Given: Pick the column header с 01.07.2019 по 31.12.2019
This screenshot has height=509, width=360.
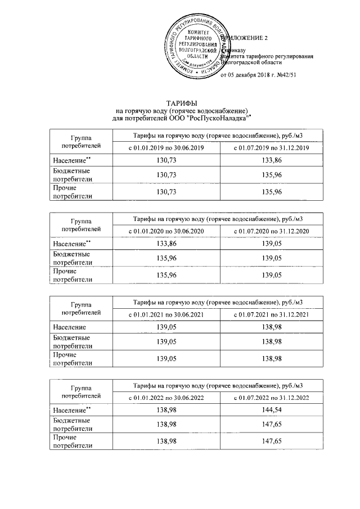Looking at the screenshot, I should (272, 147).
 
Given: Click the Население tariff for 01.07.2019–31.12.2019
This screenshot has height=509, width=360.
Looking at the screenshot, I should (272, 161).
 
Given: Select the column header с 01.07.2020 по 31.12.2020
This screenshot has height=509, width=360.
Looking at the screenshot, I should (272, 231).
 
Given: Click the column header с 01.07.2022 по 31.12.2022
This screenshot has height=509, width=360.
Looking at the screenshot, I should (272, 398).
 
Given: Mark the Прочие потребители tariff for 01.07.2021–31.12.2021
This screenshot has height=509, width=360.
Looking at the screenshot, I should (272, 358).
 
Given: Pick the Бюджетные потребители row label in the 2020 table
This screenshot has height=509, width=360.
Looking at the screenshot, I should (71, 258).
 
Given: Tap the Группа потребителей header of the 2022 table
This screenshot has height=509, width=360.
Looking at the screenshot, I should (82, 391).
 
